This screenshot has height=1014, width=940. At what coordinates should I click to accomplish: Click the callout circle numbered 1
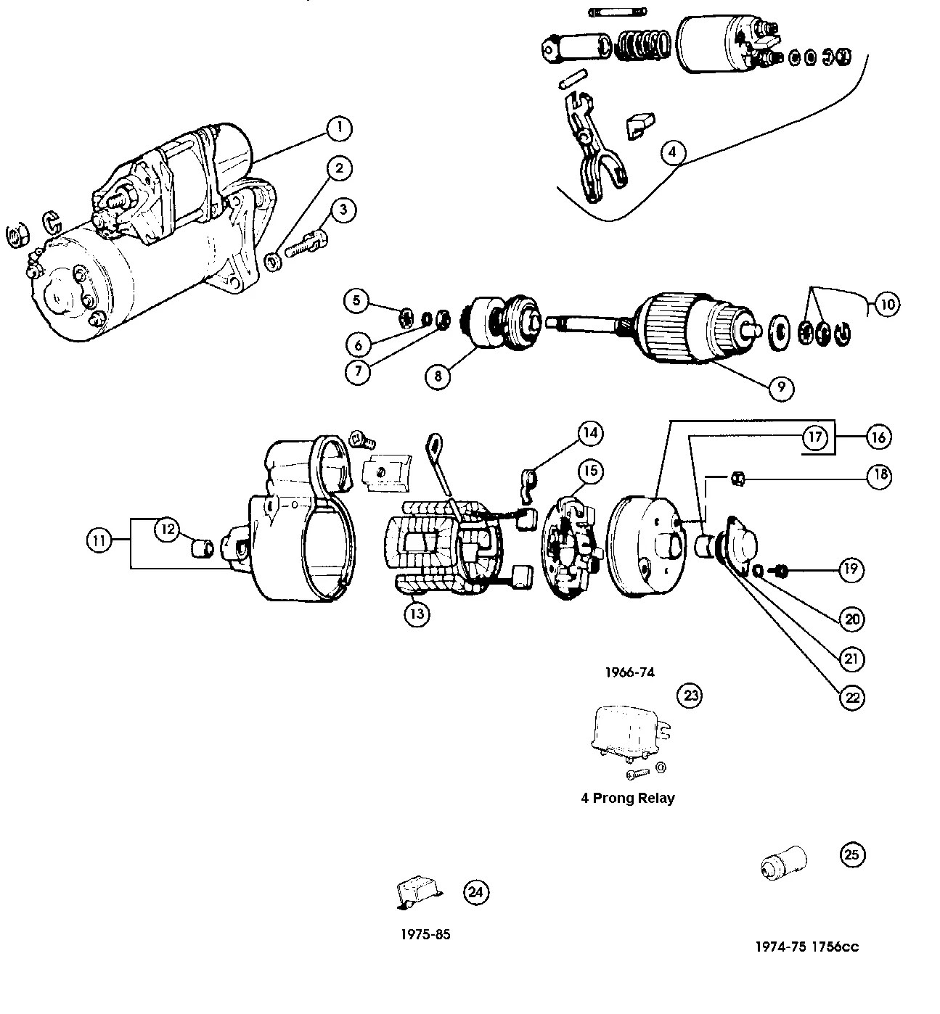click(x=339, y=129)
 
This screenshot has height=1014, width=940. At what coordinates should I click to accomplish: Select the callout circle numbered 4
click(x=672, y=152)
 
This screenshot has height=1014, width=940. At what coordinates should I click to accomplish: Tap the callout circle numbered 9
click(x=781, y=387)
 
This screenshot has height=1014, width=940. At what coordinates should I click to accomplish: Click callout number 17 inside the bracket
click(x=815, y=437)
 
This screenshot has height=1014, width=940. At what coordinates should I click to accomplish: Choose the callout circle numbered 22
click(x=852, y=697)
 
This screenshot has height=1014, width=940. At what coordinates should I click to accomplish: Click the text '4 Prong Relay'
click(x=627, y=798)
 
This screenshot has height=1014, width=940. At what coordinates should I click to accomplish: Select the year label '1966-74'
click(x=629, y=672)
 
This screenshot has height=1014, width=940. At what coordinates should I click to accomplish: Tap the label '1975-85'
click(x=425, y=934)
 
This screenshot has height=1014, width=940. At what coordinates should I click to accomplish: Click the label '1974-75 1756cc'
click(x=806, y=947)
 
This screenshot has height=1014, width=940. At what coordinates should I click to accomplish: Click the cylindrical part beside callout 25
click(x=783, y=862)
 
